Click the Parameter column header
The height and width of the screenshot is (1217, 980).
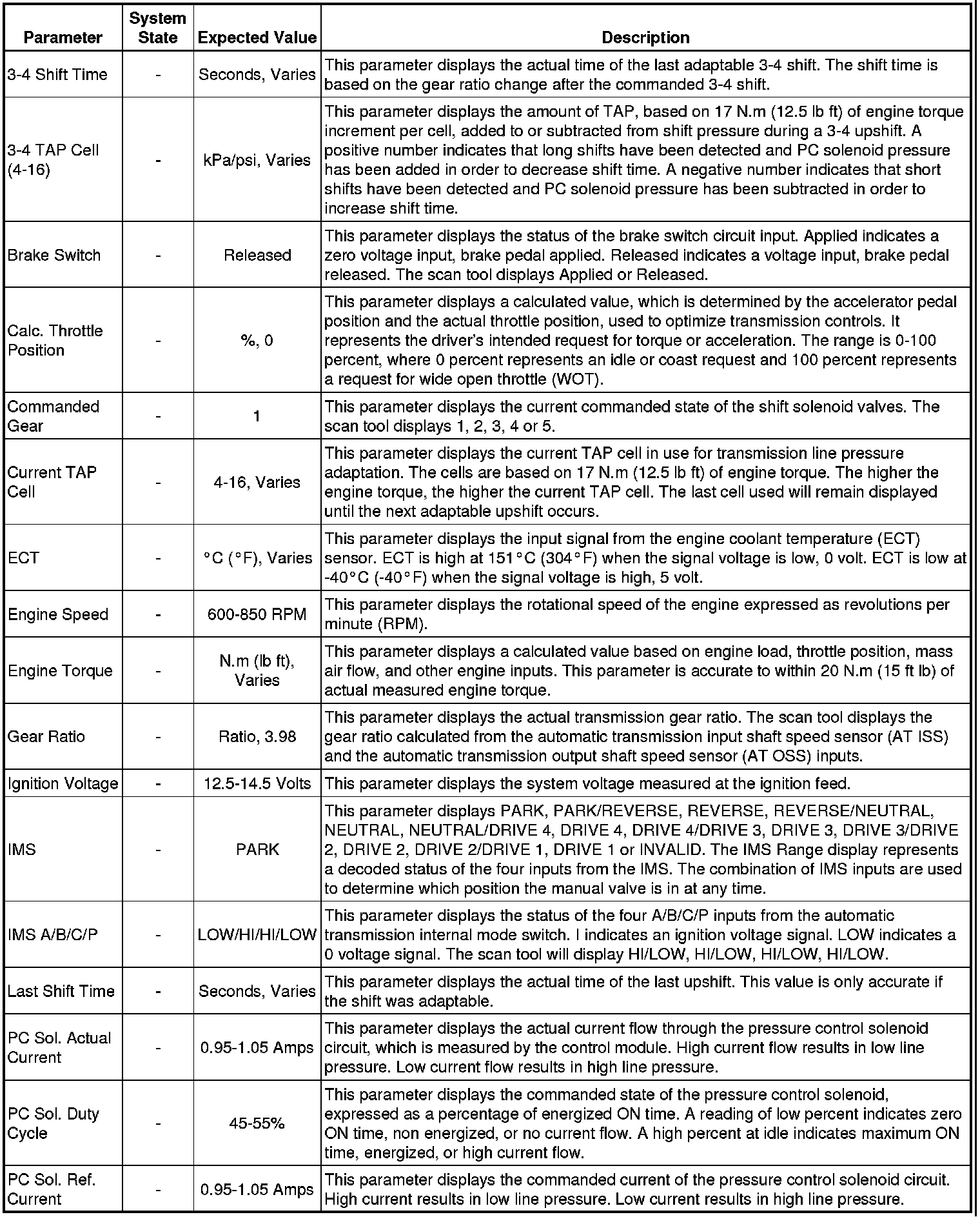[x=63, y=37]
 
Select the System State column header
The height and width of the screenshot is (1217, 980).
[x=157, y=28]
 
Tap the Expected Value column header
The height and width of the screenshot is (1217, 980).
[x=257, y=37]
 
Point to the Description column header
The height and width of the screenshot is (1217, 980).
[x=645, y=37]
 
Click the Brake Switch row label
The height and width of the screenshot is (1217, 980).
[x=54, y=255]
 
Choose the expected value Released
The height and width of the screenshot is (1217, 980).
[x=257, y=255]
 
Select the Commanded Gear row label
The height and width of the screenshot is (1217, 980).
[x=53, y=416]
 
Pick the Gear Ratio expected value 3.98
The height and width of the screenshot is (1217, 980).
[x=257, y=736]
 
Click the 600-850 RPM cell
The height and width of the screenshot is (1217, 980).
[x=257, y=614]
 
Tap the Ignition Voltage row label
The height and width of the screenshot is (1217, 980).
[x=63, y=783]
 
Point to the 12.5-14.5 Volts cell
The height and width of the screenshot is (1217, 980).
[x=257, y=783]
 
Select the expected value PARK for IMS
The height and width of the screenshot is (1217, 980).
[x=257, y=849]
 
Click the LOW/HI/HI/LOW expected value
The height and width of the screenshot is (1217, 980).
[x=257, y=934]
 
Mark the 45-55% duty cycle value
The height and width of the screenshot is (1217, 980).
[x=257, y=1123]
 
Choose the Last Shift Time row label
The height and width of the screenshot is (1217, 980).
[x=61, y=991]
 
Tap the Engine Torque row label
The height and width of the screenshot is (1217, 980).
[x=60, y=670]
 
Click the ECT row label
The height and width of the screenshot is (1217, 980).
[x=23, y=558]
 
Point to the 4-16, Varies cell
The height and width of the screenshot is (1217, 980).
[x=257, y=482]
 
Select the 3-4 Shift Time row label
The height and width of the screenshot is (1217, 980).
[x=57, y=74]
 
